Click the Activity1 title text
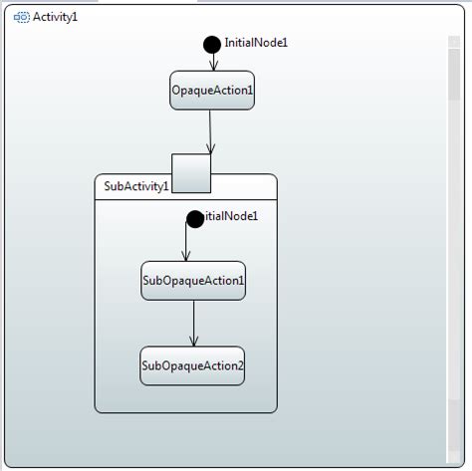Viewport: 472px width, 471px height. (x=55, y=17)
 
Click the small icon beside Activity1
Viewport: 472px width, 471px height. (x=21, y=17)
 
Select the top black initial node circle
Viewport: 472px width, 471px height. (x=212, y=44)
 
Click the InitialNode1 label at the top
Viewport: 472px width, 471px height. (x=256, y=43)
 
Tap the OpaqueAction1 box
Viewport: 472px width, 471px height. (x=212, y=90)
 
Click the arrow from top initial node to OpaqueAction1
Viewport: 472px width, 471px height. (x=212, y=60)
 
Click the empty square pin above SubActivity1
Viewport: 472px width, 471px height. (x=191, y=172)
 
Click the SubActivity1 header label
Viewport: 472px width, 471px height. (x=135, y=186)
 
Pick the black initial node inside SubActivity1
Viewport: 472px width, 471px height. (x=195, y=219)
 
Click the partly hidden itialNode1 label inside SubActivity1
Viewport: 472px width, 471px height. (x=231, y=216)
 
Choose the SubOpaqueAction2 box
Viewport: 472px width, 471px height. (x=192, y=365)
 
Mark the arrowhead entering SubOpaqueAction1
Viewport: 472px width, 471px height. (x=186, y=257)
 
